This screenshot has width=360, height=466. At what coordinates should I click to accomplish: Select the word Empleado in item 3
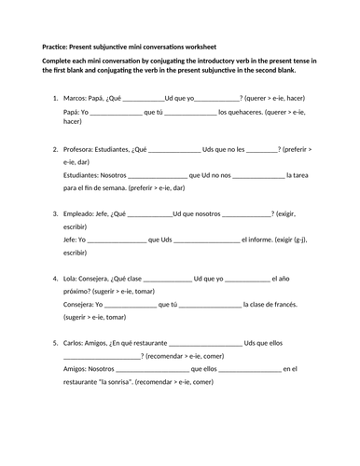point(80,213)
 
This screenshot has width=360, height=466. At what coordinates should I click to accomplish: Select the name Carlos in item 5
point(75,343)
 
